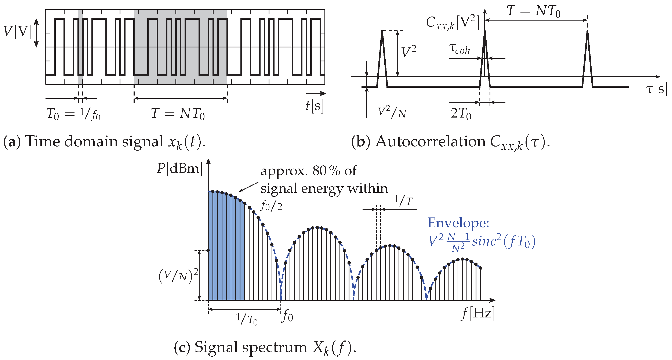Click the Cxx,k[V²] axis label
click(452, 23)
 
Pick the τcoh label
click(460, 49)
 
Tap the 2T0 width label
click(461, 114)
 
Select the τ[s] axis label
click(656, 89)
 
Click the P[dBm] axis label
click(179, 169)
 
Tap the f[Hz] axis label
click(478, 313)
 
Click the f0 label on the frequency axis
click(287, 316)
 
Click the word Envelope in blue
click(458, 223)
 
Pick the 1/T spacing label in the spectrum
click(403, 201)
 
